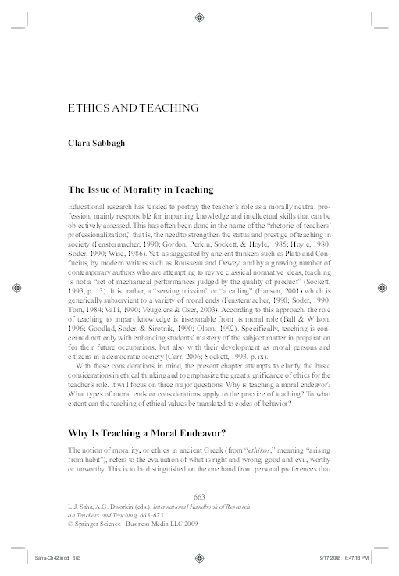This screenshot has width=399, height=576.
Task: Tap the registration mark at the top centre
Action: [199, 15]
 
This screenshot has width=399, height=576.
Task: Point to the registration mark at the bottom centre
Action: [199, 558]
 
